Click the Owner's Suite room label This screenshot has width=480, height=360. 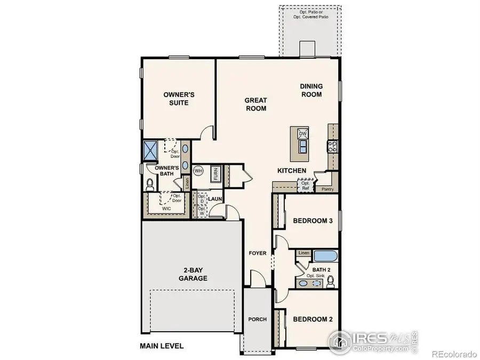click(x=179, y=99)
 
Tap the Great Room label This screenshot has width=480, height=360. click(x=255, y=104)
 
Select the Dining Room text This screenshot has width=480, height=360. click(x=311, y=90)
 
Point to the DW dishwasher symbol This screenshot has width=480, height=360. click(x=302, y=134)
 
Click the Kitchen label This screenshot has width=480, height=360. click(x=292, y=171)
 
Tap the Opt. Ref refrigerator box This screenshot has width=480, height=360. click(x=306, y=186)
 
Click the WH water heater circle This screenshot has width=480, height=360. click(x=198, y=171)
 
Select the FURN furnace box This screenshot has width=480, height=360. click(x=216, y=174)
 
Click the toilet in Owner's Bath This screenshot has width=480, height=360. click(x=150, y=184)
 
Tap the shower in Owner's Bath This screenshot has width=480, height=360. click(x=150, y=150)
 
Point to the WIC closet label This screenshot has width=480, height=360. click(x=167, y=209)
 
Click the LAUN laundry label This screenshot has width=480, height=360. click(x=215, y=199)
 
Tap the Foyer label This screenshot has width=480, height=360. click(x=257, y=253)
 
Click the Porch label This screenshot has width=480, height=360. click(x=257, y=319)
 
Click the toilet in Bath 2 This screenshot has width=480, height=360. click(x=331, y=281)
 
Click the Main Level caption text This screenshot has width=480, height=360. click(x=162, y=346)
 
